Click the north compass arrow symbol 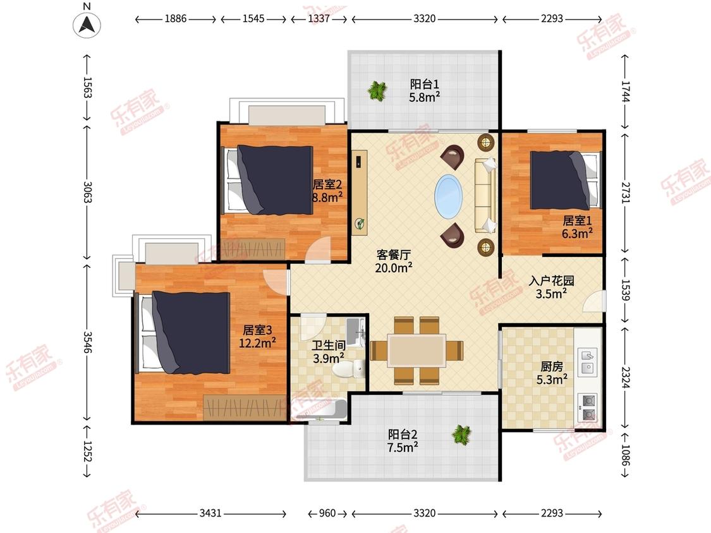click(x=87, y=25)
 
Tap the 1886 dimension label click(x=176, y=18)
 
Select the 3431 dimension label click(x=210, y=513)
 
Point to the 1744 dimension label click(x=626, y=91)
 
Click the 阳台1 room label click(x=425, y=84)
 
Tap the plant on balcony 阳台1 click(x=377, y=91)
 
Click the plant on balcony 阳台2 click(x=461, y=435)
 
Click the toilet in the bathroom click(x=349, y=368)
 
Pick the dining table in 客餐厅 click(x=416, y=350)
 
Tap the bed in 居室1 click(x=565, y=181)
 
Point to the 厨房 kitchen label click(x=551, y=366)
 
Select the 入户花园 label click(x=551, y=280)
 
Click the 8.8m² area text click(x=327, y=197)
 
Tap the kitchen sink click(x=588, y=361)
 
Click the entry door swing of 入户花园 click(x=594, y=301)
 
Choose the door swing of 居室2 click(x=318, y=249)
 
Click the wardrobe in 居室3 click(x=245, y=407)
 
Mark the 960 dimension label click(x=327, y=513)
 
